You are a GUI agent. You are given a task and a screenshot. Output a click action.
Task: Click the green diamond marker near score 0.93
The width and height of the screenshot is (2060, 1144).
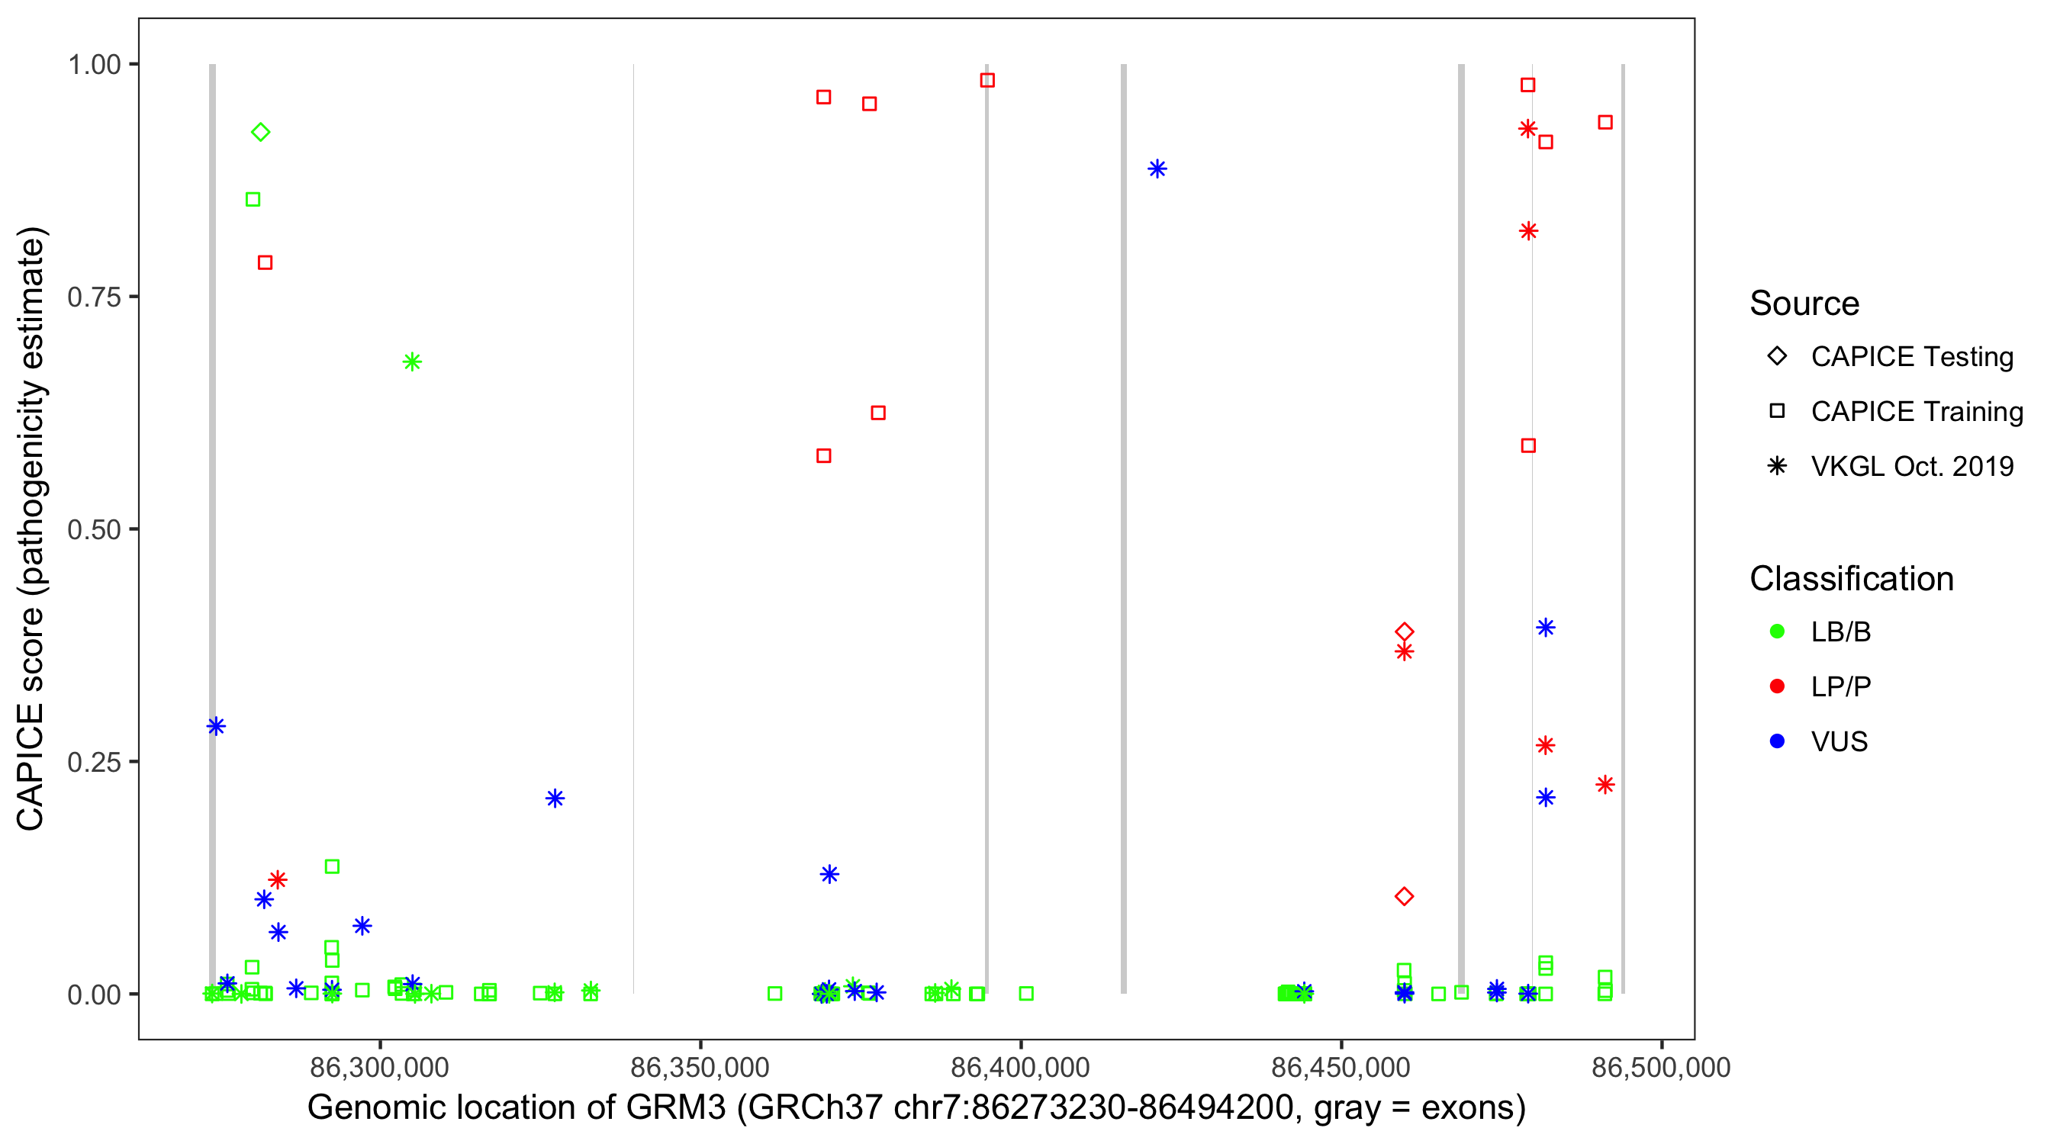pos(261,132)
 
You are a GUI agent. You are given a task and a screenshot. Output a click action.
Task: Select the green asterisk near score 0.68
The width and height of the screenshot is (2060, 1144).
pos(412,362)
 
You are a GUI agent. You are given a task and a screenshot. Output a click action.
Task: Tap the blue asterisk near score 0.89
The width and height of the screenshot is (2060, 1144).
pos(1157,169)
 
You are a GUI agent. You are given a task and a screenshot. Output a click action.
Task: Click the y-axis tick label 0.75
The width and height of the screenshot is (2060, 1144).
pos(93,297)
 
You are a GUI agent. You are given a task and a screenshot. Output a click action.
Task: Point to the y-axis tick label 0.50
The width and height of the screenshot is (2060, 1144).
pos(93,529)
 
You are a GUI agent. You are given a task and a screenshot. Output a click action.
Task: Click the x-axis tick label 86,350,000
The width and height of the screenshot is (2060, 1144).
pos(700,1067)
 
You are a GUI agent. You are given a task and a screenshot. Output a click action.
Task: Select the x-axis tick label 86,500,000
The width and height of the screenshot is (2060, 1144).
pos(1661,1067)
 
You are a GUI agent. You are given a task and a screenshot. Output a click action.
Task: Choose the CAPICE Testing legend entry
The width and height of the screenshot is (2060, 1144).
pos(1911,357)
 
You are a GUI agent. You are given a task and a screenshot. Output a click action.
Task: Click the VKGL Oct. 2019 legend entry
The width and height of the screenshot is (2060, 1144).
pos(1911,466)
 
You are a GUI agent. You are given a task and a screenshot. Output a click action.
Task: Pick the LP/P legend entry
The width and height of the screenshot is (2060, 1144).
pos(1840,686)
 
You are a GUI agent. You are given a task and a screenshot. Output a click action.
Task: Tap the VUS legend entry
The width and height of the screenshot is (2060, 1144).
pos(1839,742)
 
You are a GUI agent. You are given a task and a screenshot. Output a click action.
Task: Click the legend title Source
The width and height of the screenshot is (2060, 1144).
pos(1804,304)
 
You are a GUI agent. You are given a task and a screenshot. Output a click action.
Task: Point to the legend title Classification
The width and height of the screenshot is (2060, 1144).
pos(1851,579)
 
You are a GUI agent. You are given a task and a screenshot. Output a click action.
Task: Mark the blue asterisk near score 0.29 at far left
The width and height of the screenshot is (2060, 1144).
pos(216,726)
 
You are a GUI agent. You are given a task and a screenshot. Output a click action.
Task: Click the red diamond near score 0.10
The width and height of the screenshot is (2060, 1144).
pos(1405,896)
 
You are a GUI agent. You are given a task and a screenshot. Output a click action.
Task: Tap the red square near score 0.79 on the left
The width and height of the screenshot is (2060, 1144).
pos(266,263)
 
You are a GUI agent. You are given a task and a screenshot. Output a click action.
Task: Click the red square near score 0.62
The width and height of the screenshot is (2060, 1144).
pos(878,413)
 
